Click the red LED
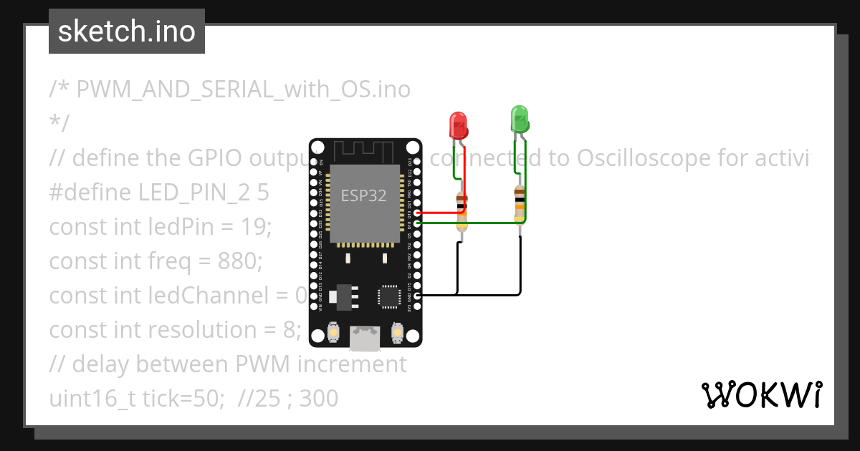[x=458, y=125]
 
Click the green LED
[x=520, y=119]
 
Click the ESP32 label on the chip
[x=363, y=196]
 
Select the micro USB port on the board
[x=365, y=339]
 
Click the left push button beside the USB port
[x=333, y=333]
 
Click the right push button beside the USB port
[x=396, y=333]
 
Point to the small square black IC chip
[x=389, y=296]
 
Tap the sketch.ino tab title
[x=127, y=31]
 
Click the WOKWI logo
[x=762, y=394]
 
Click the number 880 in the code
[x=242, y=261]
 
